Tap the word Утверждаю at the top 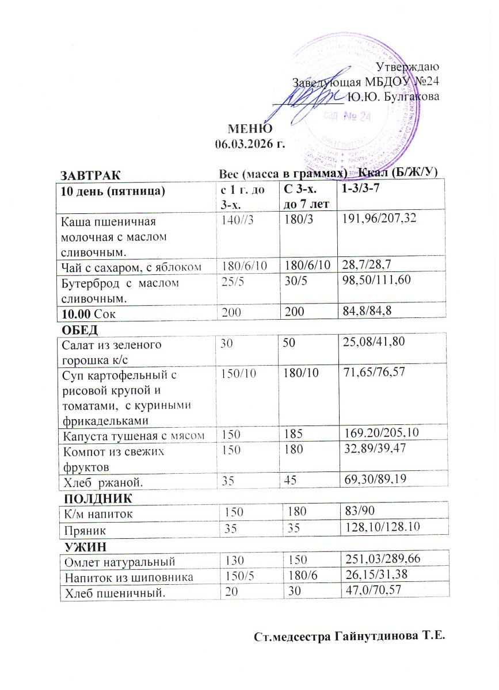[x=407, y=68]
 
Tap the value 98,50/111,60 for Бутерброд [x=376, y=282]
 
